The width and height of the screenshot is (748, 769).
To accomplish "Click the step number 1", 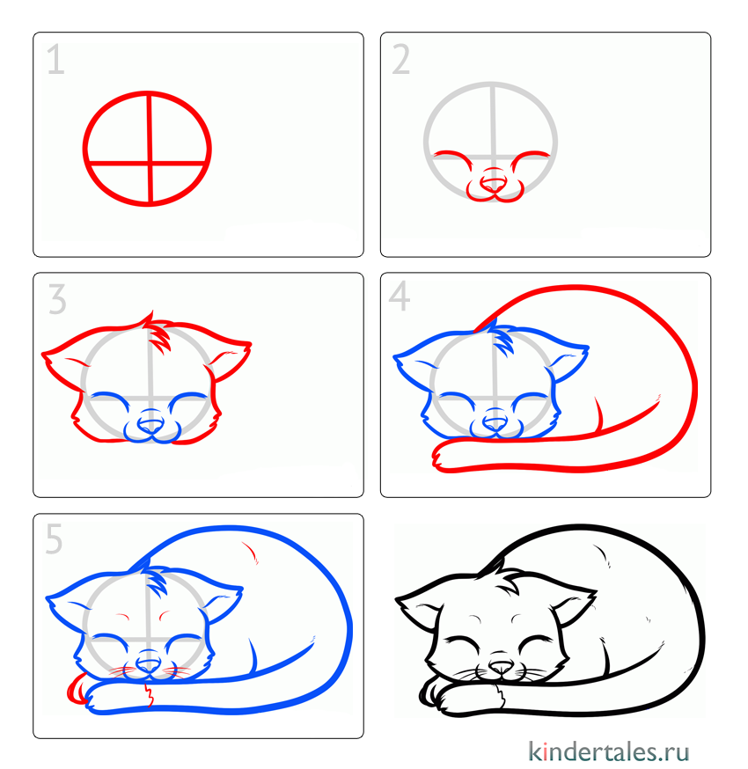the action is tap(55, 59).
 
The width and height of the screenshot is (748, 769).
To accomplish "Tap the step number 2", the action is tap(400, 59).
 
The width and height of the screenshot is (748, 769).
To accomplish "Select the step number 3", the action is tap(57, 299).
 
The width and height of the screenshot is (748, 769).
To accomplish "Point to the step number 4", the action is tap(400, 296).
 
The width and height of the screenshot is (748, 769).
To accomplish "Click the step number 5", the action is tap(54, 538).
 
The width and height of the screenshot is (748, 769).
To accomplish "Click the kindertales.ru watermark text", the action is tap(609, 751).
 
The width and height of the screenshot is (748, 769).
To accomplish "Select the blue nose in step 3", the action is tap(150, 426).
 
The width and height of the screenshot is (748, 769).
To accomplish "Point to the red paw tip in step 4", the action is tap(439, 457).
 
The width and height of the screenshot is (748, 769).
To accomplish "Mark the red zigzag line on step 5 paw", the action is tap(149, 694).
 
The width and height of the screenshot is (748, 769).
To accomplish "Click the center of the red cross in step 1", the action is tap(150, 162).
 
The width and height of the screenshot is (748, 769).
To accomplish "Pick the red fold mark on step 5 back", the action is tap(251, 553).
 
